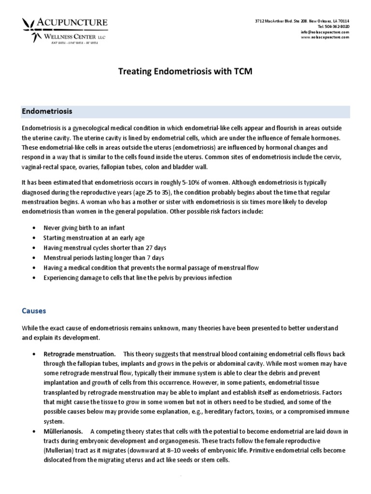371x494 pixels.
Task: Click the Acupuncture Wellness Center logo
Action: pyautogui.click(x=65, y=29)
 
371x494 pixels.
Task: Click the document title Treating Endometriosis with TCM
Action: pyautogui.click(x=185, y=72)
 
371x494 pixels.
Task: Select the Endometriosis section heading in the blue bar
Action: pyautogui.click(x=47, y=111)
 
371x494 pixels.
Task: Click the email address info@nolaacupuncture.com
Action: pyautogui.click(x=325, y=32)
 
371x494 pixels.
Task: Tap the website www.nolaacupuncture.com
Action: pyautogui.click(x=324, y=37)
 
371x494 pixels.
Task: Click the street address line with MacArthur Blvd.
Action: pyautogui.click(x=302, y=21)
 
